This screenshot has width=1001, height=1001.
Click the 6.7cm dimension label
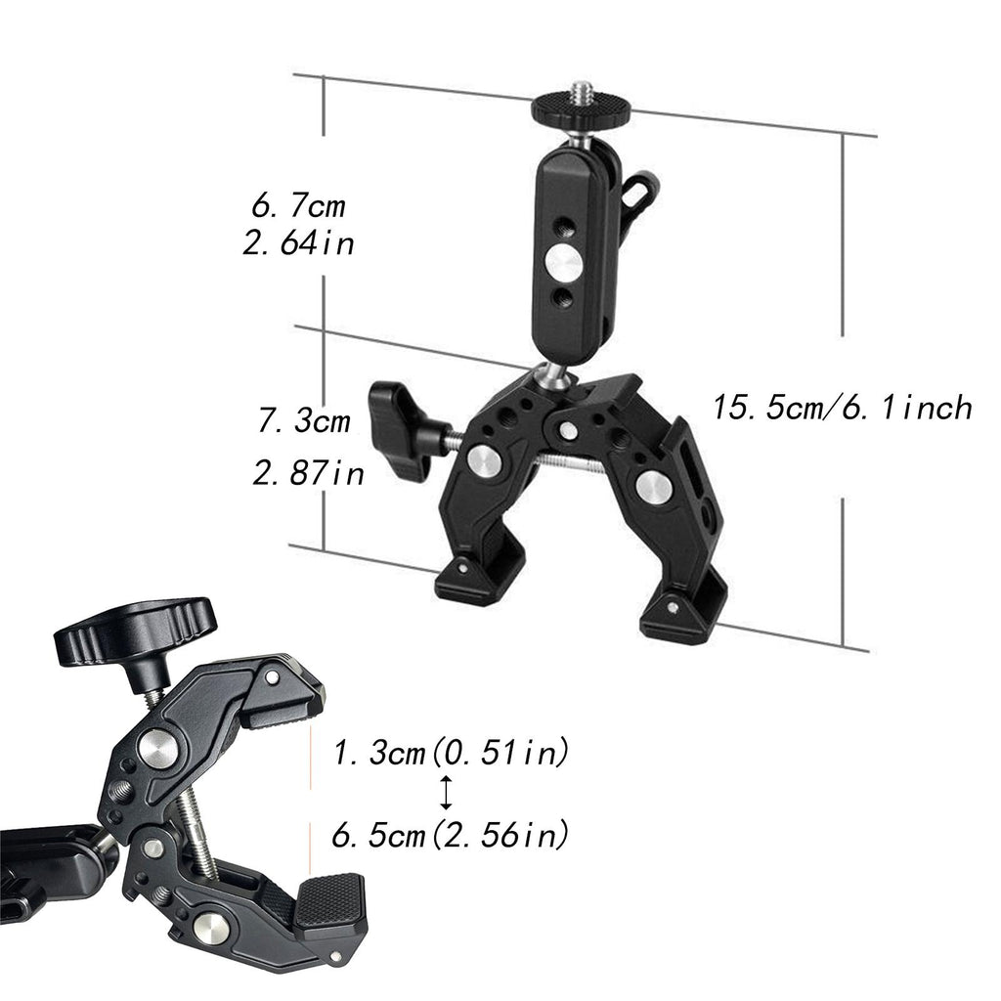click(x=298, y=206)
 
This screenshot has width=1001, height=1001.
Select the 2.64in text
click(x=298, y=243)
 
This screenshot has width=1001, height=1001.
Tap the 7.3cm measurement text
click(x=305, y=420)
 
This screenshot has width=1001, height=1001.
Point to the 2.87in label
click(x=308, y=473)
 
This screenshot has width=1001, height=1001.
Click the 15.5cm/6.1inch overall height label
click(x=842, y=407)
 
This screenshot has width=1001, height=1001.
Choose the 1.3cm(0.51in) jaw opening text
click(x=450, y=753)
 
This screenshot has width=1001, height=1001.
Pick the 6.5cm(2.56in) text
click(x=450, y=835)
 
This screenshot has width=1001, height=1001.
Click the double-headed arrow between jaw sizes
click(x=446, y=793)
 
